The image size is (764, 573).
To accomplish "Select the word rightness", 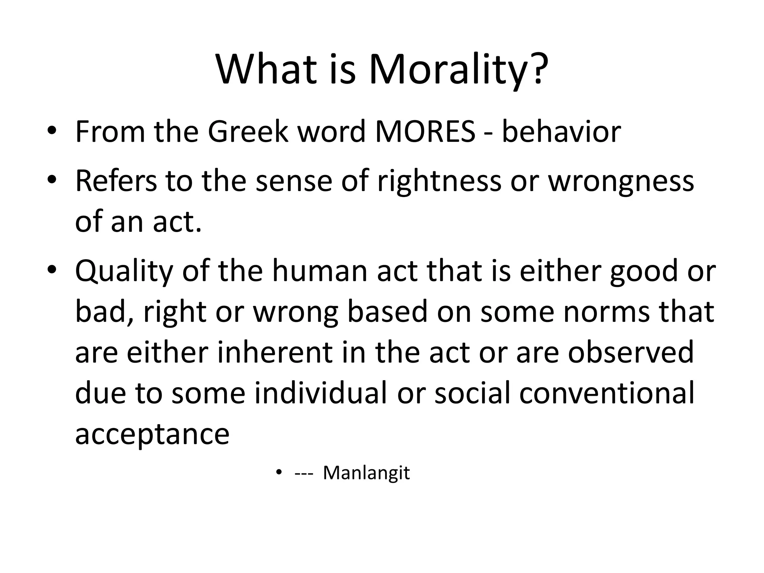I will [x=439, y=181].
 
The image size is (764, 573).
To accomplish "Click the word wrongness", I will [x=621, y=181].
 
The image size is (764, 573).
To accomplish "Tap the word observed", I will [x=630, y=353].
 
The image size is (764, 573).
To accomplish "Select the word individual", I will [x=320, y=393].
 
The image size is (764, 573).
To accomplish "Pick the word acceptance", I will [x=152, y=434].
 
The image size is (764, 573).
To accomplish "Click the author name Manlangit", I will [x=366, y=473].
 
